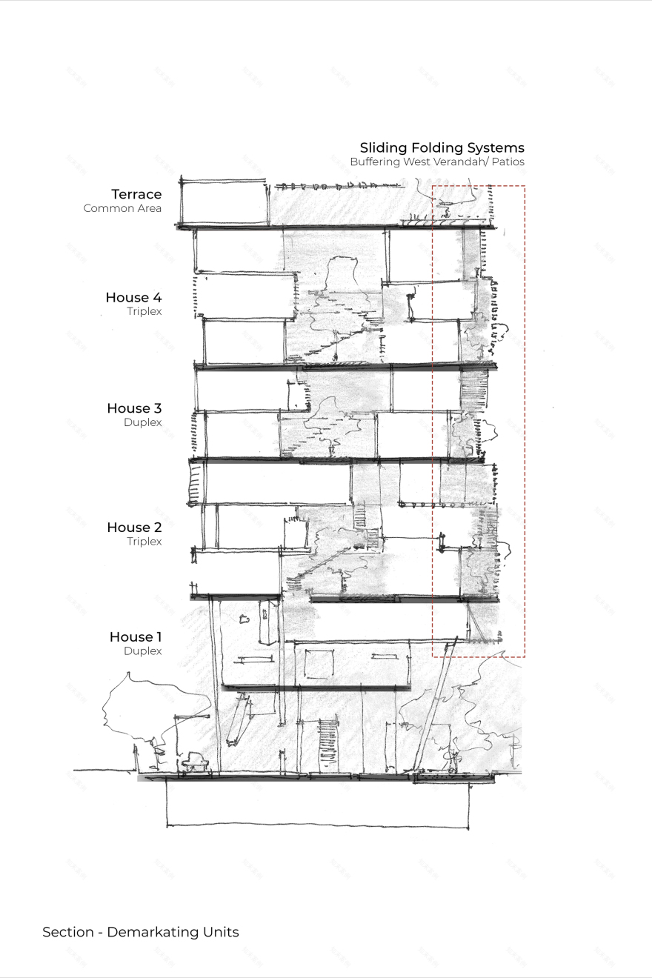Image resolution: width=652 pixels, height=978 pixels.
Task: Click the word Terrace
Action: pos(136,194)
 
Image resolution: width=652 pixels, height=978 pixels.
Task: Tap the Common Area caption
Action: pos(122,208)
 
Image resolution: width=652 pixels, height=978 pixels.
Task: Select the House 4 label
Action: pos(133,297)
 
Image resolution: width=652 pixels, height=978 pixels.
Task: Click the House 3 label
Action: pos(134,408)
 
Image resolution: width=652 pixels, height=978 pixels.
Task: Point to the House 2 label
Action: pos(134,528)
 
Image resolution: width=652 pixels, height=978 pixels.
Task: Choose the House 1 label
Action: pos(136,637)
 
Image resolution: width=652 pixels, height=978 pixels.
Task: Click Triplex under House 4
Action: pos(144,311)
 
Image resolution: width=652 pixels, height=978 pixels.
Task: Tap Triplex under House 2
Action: pos(144,542)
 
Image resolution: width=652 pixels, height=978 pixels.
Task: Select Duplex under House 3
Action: pos(142,422)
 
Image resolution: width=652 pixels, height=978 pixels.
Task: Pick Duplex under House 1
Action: pos(142,651)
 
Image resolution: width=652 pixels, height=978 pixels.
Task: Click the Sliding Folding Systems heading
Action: pos(442,147)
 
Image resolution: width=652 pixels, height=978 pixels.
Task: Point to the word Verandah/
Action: pos(459,162)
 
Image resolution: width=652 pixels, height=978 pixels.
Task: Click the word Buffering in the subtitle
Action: pos(375,162)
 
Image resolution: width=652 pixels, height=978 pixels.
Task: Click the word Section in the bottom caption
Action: pos(68,932)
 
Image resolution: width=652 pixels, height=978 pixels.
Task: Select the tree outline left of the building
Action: pos(144,704)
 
